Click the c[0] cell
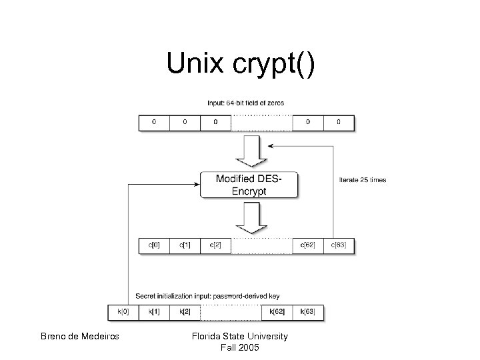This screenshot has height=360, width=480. tap(154, 246)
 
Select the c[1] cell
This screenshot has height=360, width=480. tap(185, 246)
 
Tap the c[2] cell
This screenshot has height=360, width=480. tap(216, 246)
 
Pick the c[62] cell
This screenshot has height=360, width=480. tap(308, 246)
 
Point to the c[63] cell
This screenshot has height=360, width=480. tap(339, 246)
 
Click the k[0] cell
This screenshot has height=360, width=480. tap(123, 311)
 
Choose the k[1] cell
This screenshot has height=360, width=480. tap(154, 311)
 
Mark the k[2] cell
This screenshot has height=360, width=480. tap(185, 311)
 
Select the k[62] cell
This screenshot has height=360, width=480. tap(277, 311)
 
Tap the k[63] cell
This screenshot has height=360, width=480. tap(308, 311)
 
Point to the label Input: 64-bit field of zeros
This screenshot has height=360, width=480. tap(246, 103)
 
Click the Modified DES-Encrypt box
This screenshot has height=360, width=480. tap(249, 185)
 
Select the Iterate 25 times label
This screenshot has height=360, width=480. tap(363, 179)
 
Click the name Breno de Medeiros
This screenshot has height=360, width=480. tap(80, 337)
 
